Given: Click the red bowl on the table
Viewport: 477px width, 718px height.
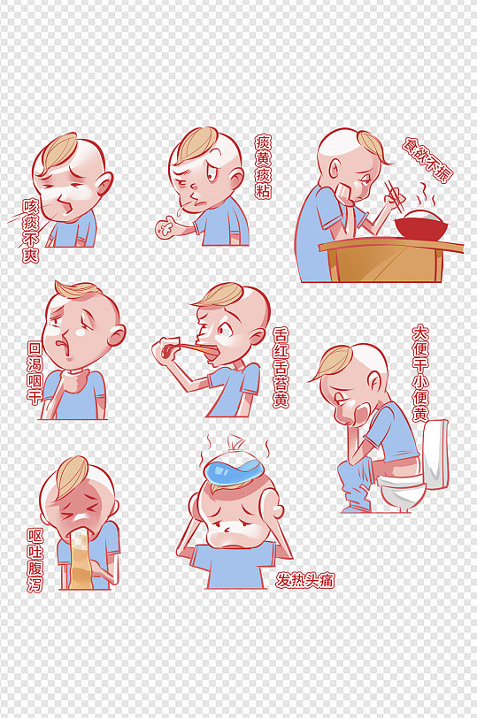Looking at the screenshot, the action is pyautogui.click(x=421, y=225).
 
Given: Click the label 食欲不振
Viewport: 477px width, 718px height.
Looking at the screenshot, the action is pyautogui.click(x=427, y=160).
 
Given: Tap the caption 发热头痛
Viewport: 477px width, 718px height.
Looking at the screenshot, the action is pyautogui.click(x=305, y=581).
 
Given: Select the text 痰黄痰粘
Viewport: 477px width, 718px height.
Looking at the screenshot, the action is pyautogui.click(x=263, y=166).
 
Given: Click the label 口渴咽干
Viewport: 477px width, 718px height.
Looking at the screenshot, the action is pyautogui.click(x=35, y=372).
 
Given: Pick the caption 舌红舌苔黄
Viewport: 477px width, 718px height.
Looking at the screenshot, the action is pyautogui.click(x=281, y=367).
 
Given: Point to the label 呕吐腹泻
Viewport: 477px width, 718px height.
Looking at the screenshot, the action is pyautogui.click(x=35, y=561).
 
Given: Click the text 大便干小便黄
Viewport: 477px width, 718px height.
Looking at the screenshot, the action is pyautogui.click(x=420, y=373).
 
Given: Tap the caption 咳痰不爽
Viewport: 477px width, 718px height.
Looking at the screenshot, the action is pyautogui.click(x=31, y=230).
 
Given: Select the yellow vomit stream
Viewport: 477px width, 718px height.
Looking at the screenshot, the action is pyautogui.click(x=81, y=559).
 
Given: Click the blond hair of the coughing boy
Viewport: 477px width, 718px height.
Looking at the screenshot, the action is pyautogui.click(x=58, y=151).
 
